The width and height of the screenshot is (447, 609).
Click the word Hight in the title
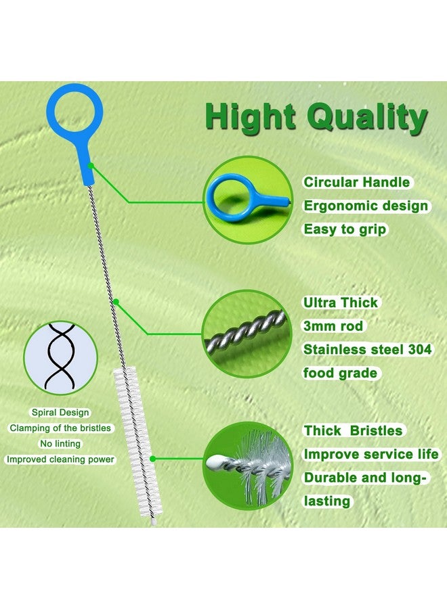click(251, 116)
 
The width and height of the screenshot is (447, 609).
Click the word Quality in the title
click(367, 117)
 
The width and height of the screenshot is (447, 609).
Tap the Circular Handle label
click(356, 182)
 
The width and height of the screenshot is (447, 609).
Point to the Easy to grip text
click(345, 229)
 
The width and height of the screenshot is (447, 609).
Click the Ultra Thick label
click(340, 302)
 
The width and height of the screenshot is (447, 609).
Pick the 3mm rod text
click(333, 326)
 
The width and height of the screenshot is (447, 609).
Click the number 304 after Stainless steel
click(420, 350)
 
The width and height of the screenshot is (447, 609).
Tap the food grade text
click(340, 373)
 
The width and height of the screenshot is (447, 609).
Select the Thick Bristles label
click(353, 431)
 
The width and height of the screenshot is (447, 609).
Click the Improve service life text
click(371, 454)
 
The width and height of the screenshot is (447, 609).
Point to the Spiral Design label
click(60, 413)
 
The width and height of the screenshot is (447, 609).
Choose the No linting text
click(60, 443)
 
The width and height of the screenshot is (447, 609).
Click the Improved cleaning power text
click(60, 459)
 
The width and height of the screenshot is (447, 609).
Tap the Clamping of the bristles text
click(60, 428)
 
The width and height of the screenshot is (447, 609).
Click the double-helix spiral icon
click(60, 357)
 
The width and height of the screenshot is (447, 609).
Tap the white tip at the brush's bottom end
click(153, 523)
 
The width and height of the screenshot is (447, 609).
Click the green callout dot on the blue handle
click(91, 166)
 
